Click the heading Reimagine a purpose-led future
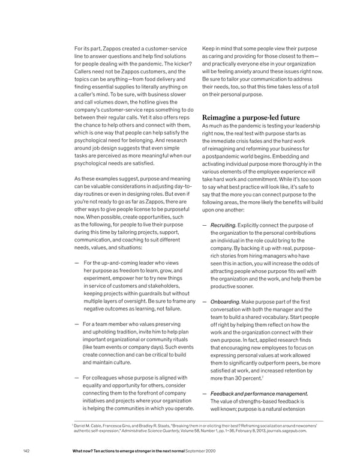261,117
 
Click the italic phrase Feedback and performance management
268,393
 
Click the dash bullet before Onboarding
205,302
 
